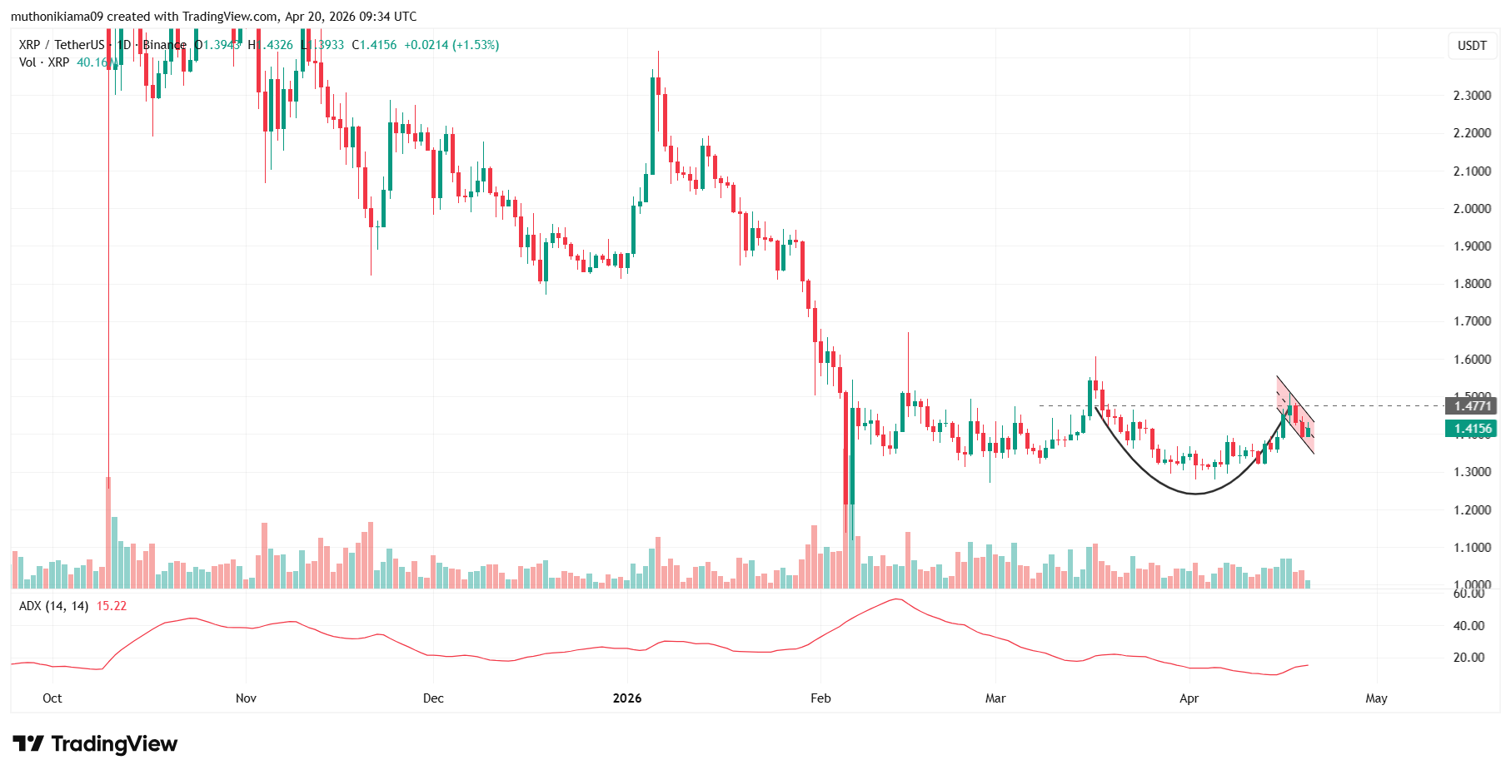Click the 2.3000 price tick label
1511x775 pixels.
point(1471,96)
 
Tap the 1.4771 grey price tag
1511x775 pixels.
point(1472,406)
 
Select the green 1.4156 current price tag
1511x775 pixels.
point(1472,429)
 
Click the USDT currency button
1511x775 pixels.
point(1472,46)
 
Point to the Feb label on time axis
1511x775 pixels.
point(820,698)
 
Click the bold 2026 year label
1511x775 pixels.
point(627,698)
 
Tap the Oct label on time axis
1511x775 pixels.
point(52,698)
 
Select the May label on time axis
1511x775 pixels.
point(1376,698)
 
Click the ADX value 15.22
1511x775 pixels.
point(112,606)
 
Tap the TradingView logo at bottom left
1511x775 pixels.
point(95,743)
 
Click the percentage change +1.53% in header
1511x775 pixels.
point(476,45)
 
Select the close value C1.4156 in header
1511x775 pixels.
point(374,45)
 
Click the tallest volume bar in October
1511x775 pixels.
point(108,533)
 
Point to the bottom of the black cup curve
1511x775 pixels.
point(1194,494)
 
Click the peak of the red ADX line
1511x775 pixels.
point(896,599)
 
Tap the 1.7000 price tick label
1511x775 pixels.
point(1471,321)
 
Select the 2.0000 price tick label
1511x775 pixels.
point(1471,209)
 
